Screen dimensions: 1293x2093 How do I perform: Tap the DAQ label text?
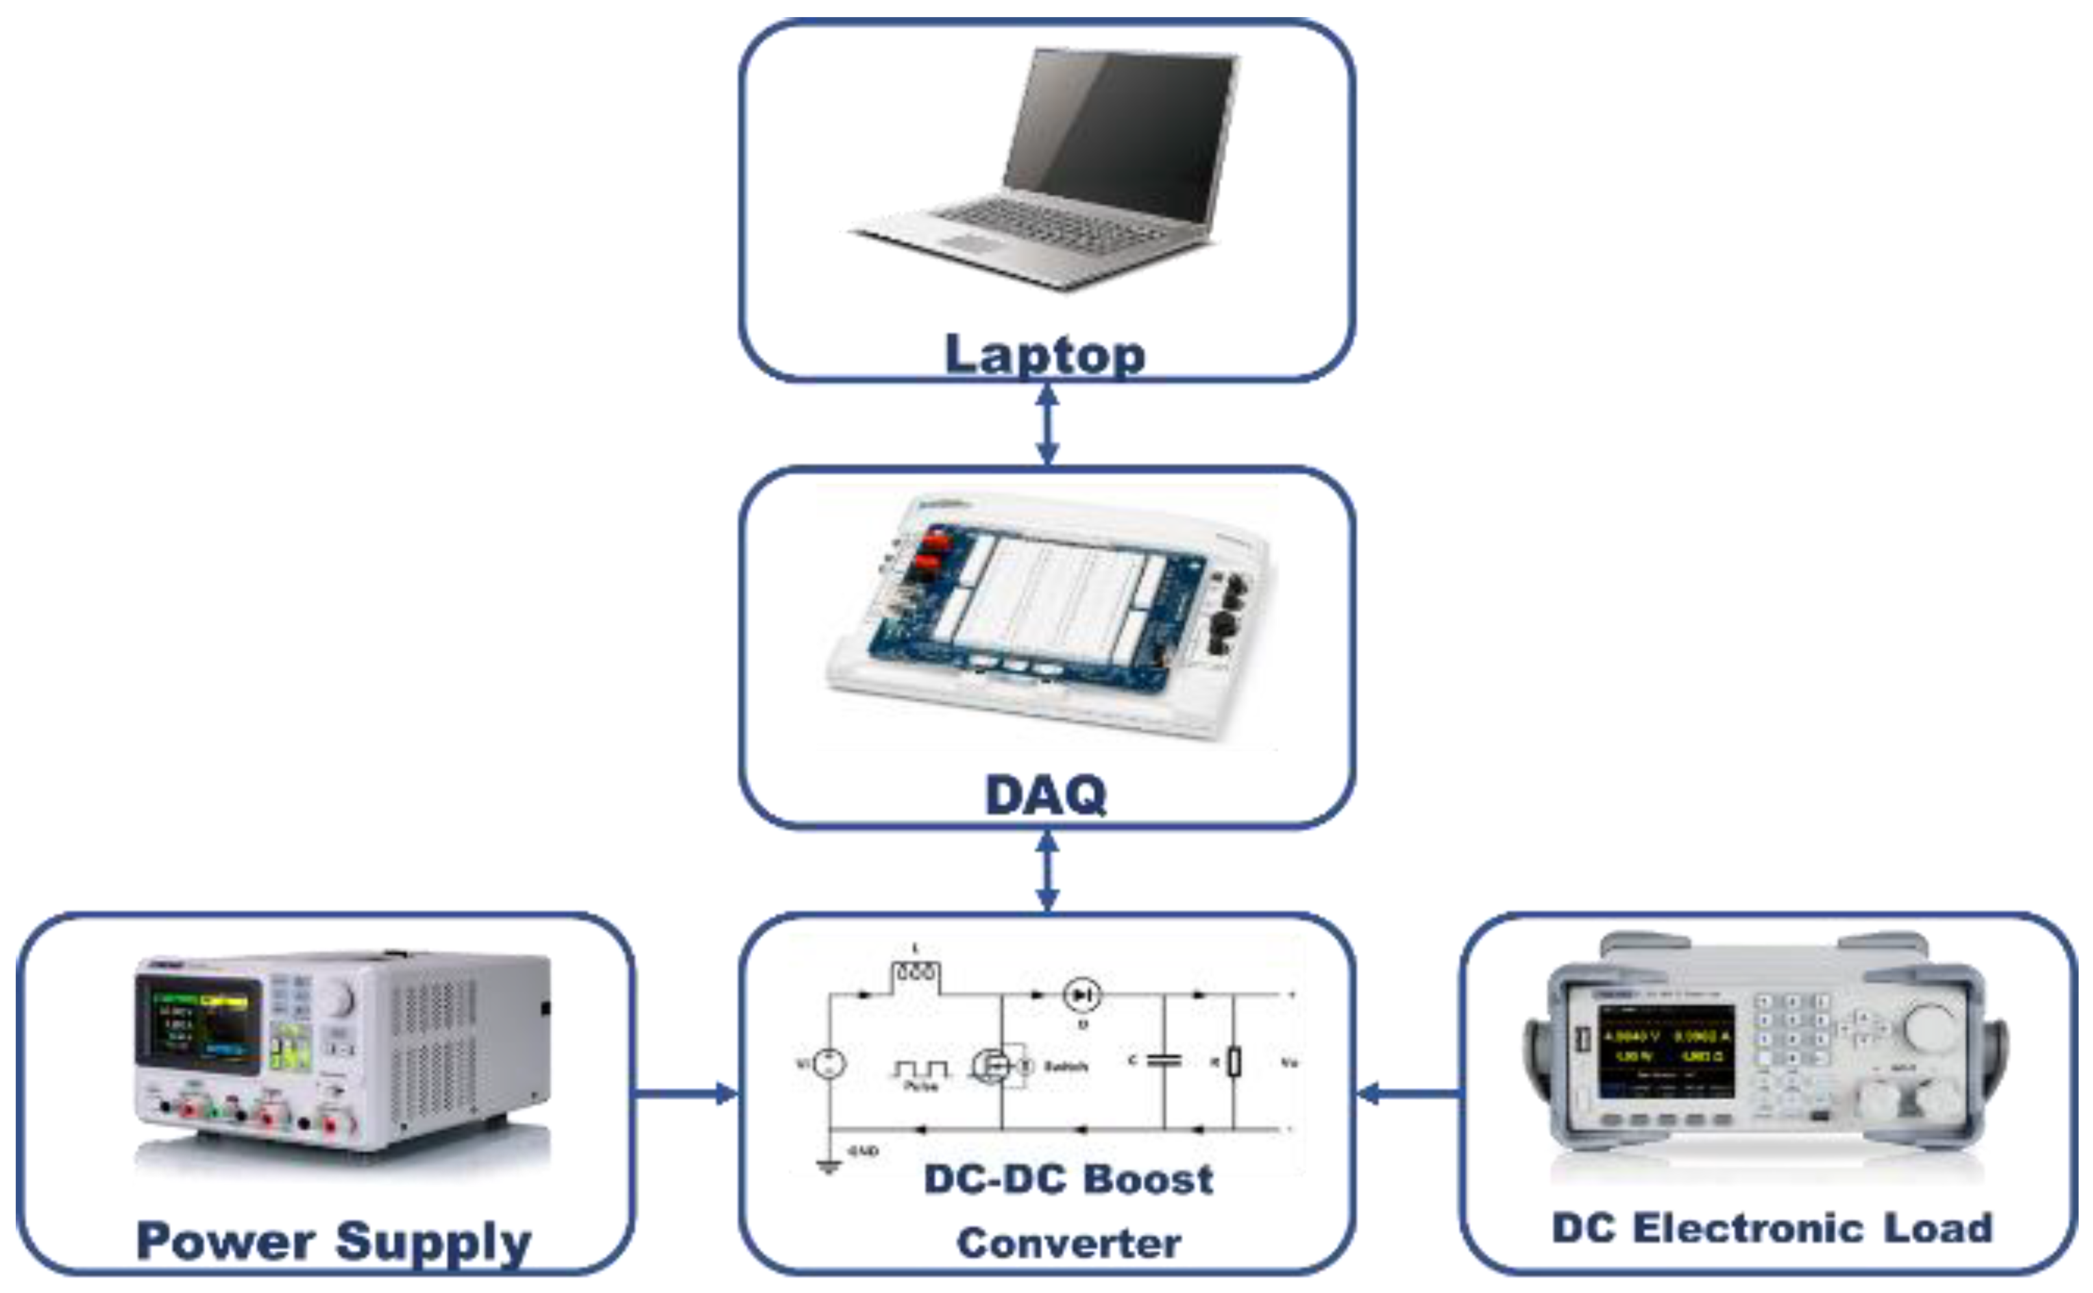pyautogui.click(x=1045, y=796)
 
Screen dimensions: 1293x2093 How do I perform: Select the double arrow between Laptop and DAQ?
pyautogui.click(x=1047, y=424)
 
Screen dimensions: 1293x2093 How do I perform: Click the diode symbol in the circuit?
pyautogui.click(x=1081, y=994)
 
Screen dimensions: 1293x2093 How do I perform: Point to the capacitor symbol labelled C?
pyautogui.click(x=1164, y=1061)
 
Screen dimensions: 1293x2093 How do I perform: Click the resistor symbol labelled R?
pyautogui.click(x=1234, y=1062)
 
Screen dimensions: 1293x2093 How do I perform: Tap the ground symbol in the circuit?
pyautogui.click(x=828, y=1166)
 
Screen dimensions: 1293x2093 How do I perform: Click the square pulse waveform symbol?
pyautogui.click(x=920, y=1069)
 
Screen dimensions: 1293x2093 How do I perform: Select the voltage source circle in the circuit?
pyautogui.click(x=829, y=1064)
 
